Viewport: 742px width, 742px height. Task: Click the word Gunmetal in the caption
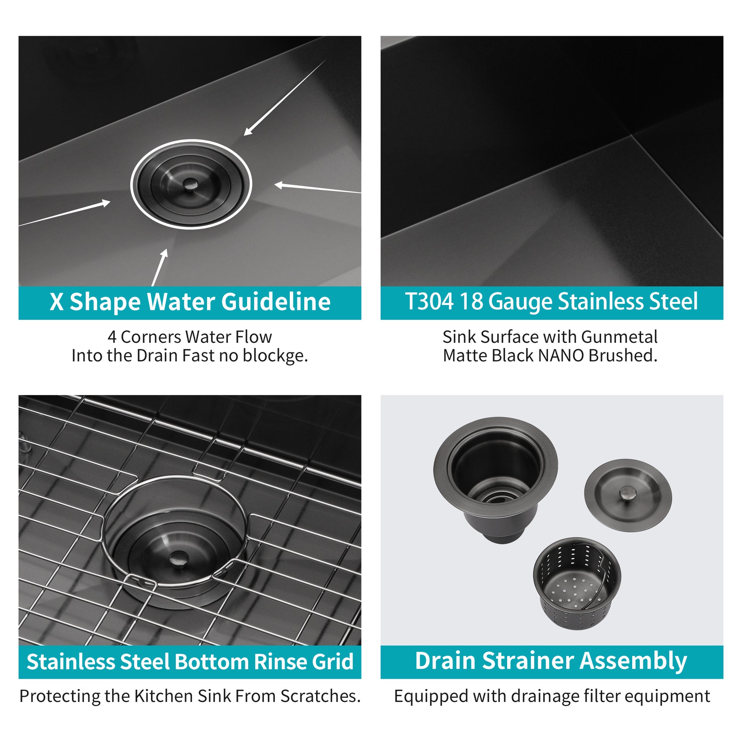tap(619, 337)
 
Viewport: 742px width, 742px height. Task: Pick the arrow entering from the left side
tap(65, 213)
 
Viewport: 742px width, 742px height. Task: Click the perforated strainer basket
tap(577, 588)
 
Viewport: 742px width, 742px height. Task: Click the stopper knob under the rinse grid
tap(177, 557)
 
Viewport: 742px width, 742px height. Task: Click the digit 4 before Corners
tap(112, 337)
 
